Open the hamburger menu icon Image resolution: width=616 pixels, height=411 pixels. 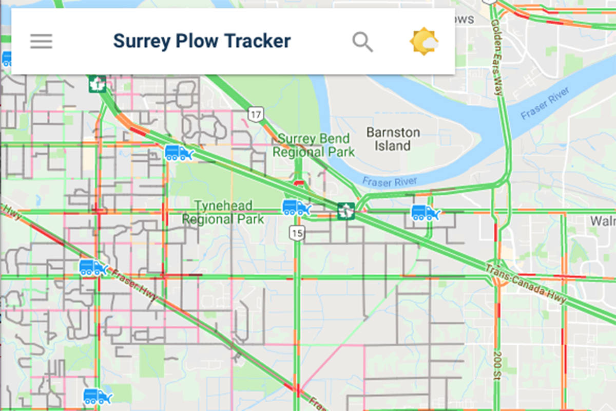tap(41, 41)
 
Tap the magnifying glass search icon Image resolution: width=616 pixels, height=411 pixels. tap(362, 42)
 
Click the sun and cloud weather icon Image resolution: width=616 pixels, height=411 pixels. tap(424, 42)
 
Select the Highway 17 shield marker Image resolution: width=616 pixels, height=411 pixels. tap(255, 114)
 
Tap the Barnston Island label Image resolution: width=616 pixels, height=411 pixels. tap(393, 139)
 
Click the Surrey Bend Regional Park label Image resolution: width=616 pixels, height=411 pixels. tap(313, 145)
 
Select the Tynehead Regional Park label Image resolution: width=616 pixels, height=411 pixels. tap(223, 213)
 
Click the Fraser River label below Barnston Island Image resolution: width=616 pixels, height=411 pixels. tap(389, 181)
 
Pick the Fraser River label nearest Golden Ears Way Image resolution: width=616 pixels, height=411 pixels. tap(545, 104)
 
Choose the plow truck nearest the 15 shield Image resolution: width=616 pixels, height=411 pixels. tap(296, 208)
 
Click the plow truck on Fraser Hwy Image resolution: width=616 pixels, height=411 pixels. tap(92, 268)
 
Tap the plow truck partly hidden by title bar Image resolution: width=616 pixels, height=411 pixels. tap(6, 59)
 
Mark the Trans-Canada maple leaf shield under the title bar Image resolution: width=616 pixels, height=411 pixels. tap(97, 84)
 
